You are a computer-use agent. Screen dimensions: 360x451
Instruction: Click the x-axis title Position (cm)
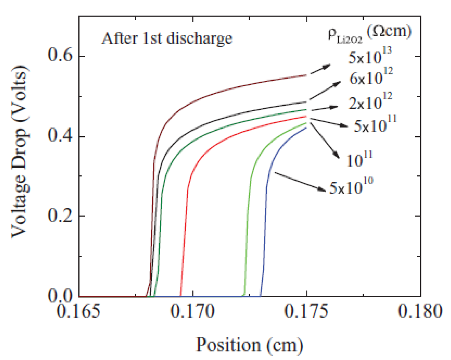coord(249,345)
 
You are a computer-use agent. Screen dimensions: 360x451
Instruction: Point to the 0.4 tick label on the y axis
coord(60,136)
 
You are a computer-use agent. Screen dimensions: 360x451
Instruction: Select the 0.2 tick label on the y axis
coord(60,216)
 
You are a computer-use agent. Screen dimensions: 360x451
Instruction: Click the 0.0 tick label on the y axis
coord(60,296)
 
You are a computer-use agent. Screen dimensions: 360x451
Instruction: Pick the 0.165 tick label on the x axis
coord(79,312)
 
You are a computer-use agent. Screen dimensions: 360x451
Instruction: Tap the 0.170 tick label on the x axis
coord(192,312)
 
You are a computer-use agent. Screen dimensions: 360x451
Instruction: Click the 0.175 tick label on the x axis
coord(306,312)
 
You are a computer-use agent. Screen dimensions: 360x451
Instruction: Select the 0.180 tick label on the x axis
coord(420,312)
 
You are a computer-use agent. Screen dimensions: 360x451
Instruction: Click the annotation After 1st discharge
coord(167,39)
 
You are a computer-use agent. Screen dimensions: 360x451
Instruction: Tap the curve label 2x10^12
coord(370,102)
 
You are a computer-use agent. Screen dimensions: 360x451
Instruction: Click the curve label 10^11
coord(359,159)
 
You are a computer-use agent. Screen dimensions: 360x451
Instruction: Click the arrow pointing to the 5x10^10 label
coord(300,182)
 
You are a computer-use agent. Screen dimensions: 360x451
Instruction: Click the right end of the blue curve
coord(306,128)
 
